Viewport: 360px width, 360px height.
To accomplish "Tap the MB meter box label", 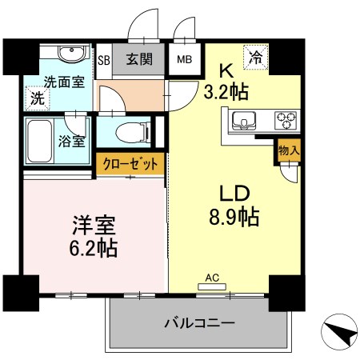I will pyautogui.click(x=184, y=59).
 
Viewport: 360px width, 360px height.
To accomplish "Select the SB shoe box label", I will pyautogui.click(x=103, y=59).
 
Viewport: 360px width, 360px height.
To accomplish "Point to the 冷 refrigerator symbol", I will pyautogui.click(x=256, y=57).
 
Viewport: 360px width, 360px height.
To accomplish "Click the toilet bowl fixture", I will pyautogui.click(x=129, y=130).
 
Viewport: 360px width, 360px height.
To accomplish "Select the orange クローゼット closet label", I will pyautogui.click(x=131, y=164).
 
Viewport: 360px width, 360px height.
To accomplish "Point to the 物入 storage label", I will pyautogui.click(x=289, y=150).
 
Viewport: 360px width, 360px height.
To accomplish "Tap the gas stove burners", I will pyautogui.click(x=286, y=122).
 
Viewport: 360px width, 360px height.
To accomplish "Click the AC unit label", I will pyautogui.click(x=212, y=278).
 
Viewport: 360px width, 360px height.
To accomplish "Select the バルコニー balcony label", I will pyautogui.click(x=199, y=325).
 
